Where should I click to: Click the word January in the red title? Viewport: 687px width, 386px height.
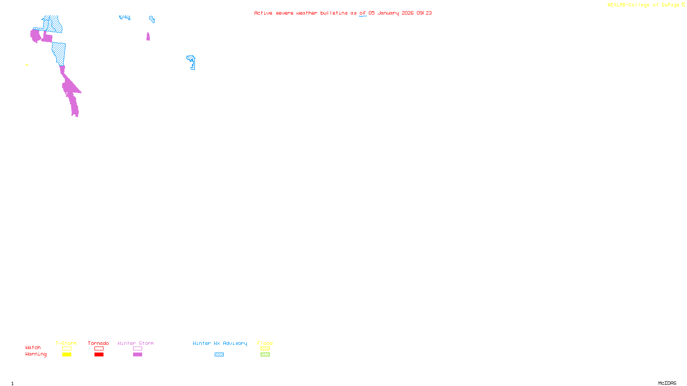click(388, 13)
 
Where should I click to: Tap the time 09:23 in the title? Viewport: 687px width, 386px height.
click(424, 13)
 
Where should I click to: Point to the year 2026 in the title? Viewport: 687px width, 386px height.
click(407, 13)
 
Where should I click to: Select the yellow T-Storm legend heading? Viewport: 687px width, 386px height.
click(66, 343)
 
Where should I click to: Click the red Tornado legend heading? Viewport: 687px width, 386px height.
click(98, 343)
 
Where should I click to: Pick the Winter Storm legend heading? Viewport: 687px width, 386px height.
click(136, 343)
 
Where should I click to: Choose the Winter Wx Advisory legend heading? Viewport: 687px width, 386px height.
click(220, 343)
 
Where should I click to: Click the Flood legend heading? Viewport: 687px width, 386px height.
click(265, 343)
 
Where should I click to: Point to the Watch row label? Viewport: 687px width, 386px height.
click(33, 347)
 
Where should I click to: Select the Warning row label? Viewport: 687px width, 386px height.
click(36, 354)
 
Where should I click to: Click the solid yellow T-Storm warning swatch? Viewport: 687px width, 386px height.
click(67, 355)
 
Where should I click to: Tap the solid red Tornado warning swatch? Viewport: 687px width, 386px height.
click(99, 355)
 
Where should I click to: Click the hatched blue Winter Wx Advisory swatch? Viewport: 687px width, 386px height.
click(219, 355)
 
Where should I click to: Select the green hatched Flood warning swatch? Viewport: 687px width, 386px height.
click(265, 355)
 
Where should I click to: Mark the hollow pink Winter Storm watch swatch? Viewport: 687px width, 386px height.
click(137, 349)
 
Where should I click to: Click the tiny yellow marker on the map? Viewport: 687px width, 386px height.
click(27, 65)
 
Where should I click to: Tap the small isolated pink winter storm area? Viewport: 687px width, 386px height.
click(148, 37)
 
